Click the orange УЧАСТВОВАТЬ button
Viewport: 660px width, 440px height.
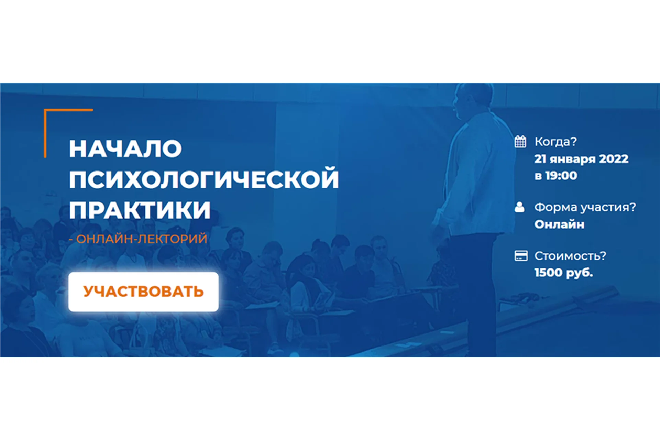143,291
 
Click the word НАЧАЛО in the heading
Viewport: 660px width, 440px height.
125,149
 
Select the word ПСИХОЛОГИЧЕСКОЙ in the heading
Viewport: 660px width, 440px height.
204,179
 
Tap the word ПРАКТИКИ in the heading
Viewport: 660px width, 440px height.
140,210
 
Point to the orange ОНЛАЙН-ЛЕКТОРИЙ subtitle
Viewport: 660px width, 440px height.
141,239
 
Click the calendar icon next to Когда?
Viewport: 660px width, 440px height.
520,141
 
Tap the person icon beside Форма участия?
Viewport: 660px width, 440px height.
519,207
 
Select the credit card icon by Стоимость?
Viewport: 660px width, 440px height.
521,256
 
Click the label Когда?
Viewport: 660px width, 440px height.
555,142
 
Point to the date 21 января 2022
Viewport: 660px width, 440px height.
581,159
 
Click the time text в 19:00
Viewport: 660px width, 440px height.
555,176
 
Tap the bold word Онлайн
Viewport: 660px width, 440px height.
559,224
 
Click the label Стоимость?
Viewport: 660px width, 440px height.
570,256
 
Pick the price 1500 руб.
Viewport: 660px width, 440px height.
563,273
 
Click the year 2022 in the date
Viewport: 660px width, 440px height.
614,159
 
